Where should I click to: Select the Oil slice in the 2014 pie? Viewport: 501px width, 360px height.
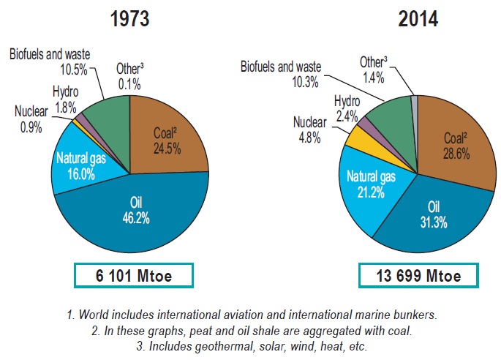424,220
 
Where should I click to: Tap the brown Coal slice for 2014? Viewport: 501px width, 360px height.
453,146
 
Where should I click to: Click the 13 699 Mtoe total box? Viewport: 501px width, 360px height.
418,277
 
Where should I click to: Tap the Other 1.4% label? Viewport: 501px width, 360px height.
376,67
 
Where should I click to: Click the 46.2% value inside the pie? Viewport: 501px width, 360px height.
132,217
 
